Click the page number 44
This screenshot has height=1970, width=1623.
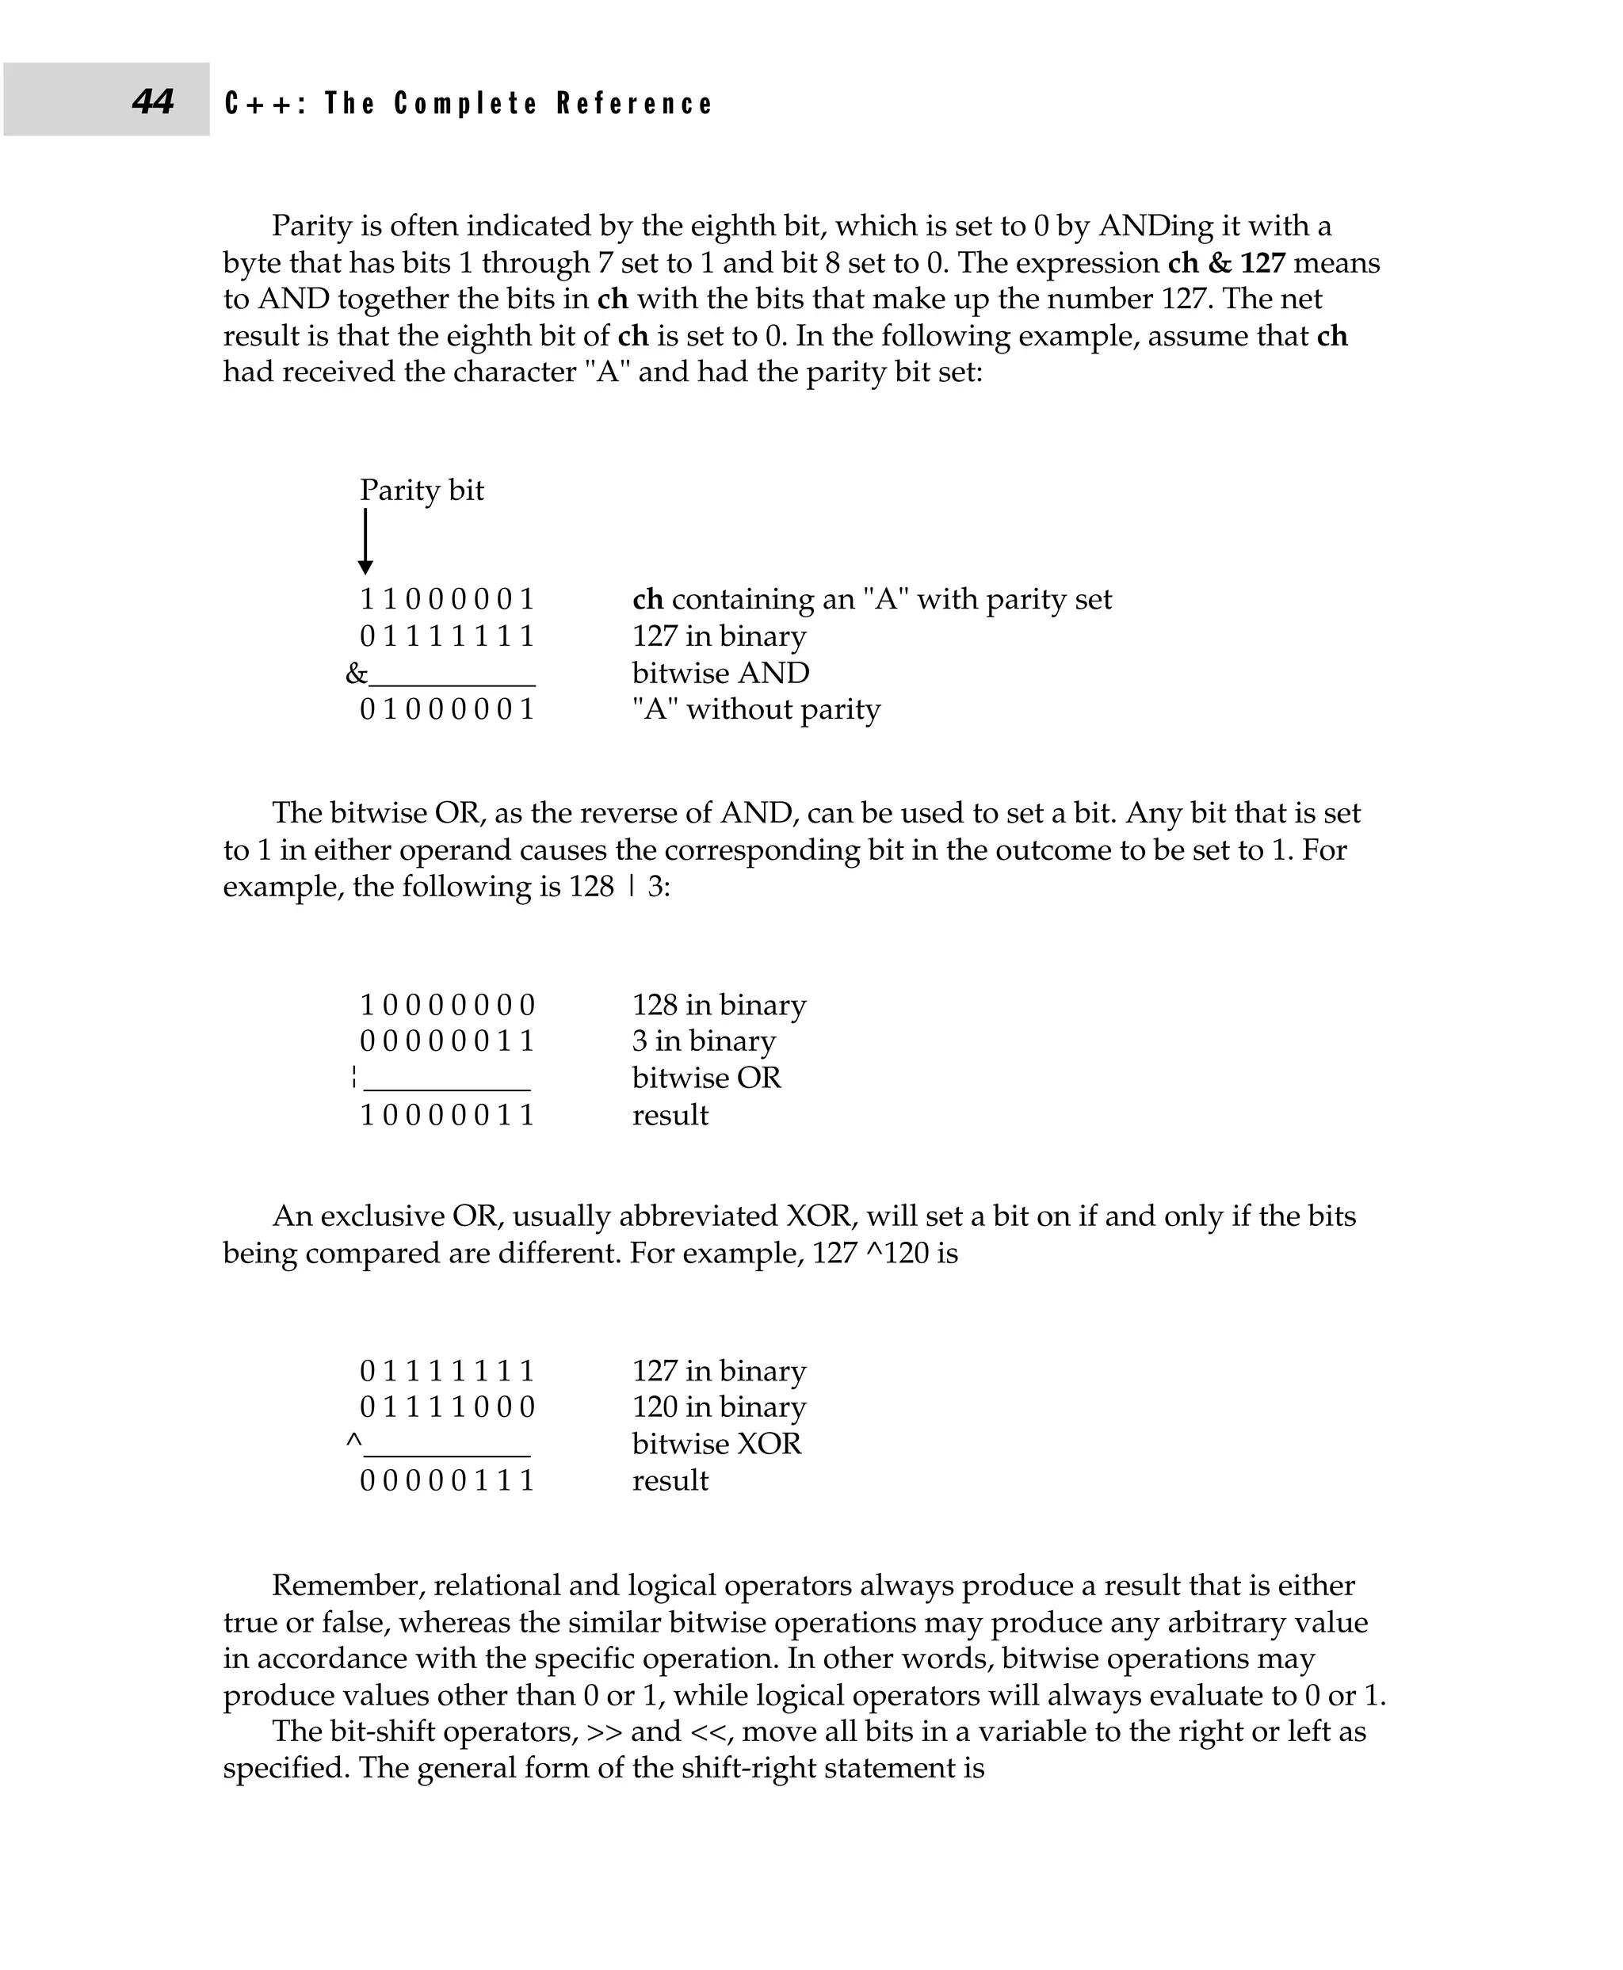(152, 101)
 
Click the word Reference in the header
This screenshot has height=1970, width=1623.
(635, 103)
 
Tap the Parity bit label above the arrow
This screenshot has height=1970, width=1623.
(422, 490)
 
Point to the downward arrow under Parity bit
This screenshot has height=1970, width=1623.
(365, 541)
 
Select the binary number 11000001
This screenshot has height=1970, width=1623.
(447, 599)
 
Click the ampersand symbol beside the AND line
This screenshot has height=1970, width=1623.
(356, 674)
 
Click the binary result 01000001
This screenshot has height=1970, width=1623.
(447, 710)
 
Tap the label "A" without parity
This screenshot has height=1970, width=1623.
(755, 710)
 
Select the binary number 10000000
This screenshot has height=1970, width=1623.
(447, 1005)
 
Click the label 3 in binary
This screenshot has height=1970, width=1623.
(704, 1040)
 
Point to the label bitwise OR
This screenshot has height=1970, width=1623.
(706, 1078)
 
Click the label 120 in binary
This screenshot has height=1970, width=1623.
(719, 1407)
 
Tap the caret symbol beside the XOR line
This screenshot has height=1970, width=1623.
(353, 1441)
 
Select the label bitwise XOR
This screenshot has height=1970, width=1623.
(716, 1444)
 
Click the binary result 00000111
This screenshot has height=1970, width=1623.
(447, 1480)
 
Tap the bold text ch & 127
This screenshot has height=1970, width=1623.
(1227, 263)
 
